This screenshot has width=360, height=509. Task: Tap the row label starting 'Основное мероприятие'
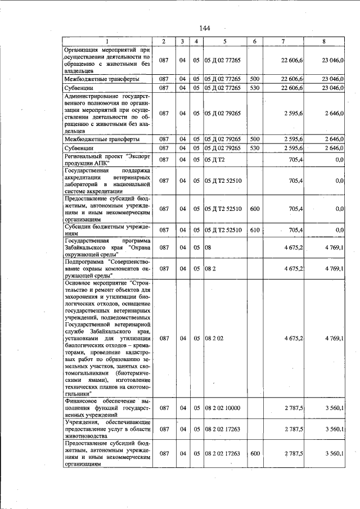(x=106, y=339)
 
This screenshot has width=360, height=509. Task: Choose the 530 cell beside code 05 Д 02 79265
(x=254, y=148)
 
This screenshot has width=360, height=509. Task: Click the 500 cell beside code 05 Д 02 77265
(x=254, y=79)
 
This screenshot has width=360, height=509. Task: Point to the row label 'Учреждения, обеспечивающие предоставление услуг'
(x=106, y=429)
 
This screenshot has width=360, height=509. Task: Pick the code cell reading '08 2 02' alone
(x=214, y=339)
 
